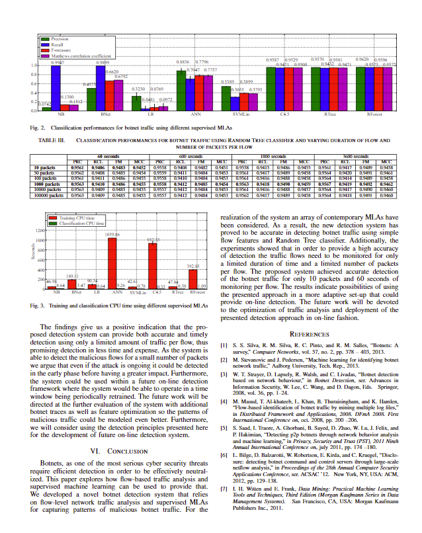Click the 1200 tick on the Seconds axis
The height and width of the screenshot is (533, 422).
[x=39, y=229]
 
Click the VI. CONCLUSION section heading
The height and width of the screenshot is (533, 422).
[x=118, y=432]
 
